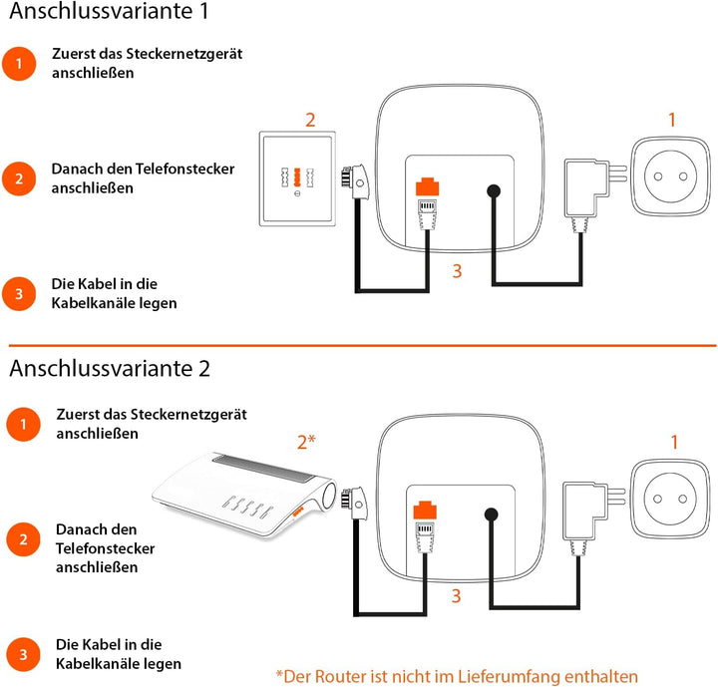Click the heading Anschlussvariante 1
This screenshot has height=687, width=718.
click(109, 15)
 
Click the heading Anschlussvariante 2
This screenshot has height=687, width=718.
click(110, 368)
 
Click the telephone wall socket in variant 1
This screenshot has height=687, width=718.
click(297, 179)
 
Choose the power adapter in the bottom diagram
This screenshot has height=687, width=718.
click(584, 512)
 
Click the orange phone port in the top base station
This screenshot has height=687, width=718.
click(426, 186)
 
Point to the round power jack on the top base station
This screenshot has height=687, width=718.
click(493, 191)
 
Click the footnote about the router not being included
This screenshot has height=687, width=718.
click(456, 675)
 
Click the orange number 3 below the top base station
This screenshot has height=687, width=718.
click(456, 270)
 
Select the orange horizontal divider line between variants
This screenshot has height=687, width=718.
click(359, 345)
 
